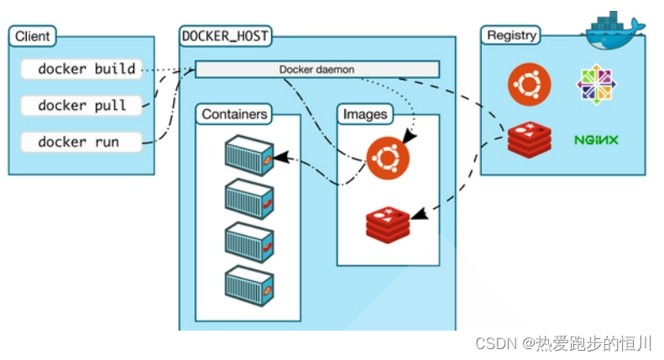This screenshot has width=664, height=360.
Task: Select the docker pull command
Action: pos(81,106)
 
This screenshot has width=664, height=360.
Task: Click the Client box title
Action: pos(33,36)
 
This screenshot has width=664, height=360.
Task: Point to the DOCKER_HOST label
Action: pos(225,36)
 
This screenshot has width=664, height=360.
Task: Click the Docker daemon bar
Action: pos(317,70)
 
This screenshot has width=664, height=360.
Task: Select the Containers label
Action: pos(234,114)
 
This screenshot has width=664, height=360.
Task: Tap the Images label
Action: pos(365,114)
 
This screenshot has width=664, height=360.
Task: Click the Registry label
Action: pos(511,35)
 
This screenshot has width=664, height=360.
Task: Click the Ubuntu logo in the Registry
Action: pos(530,84)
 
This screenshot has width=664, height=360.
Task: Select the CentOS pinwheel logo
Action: pos(596,84)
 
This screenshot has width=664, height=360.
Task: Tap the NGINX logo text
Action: pos(596,140)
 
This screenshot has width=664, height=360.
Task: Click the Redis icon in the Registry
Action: pos(530,140)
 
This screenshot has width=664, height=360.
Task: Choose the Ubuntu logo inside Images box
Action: pos(388,158)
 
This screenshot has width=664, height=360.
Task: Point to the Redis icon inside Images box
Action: pos(388,225)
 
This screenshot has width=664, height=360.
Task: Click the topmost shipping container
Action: pos(249,155)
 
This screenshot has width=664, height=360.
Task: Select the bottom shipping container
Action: pos(249,285)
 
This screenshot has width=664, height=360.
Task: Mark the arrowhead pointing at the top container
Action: pos(281,158)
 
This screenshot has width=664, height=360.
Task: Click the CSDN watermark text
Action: pos(563,343)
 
